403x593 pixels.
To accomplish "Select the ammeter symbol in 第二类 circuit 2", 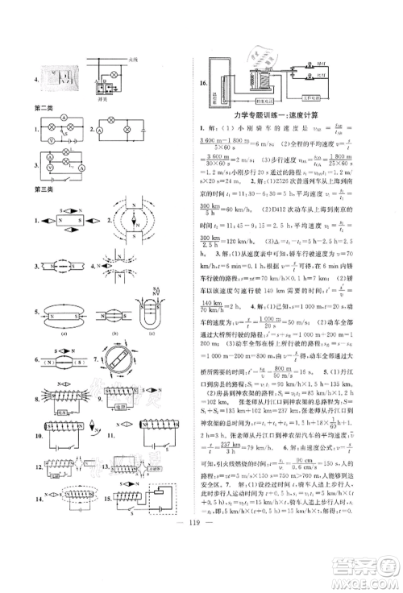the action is point(104,129).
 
